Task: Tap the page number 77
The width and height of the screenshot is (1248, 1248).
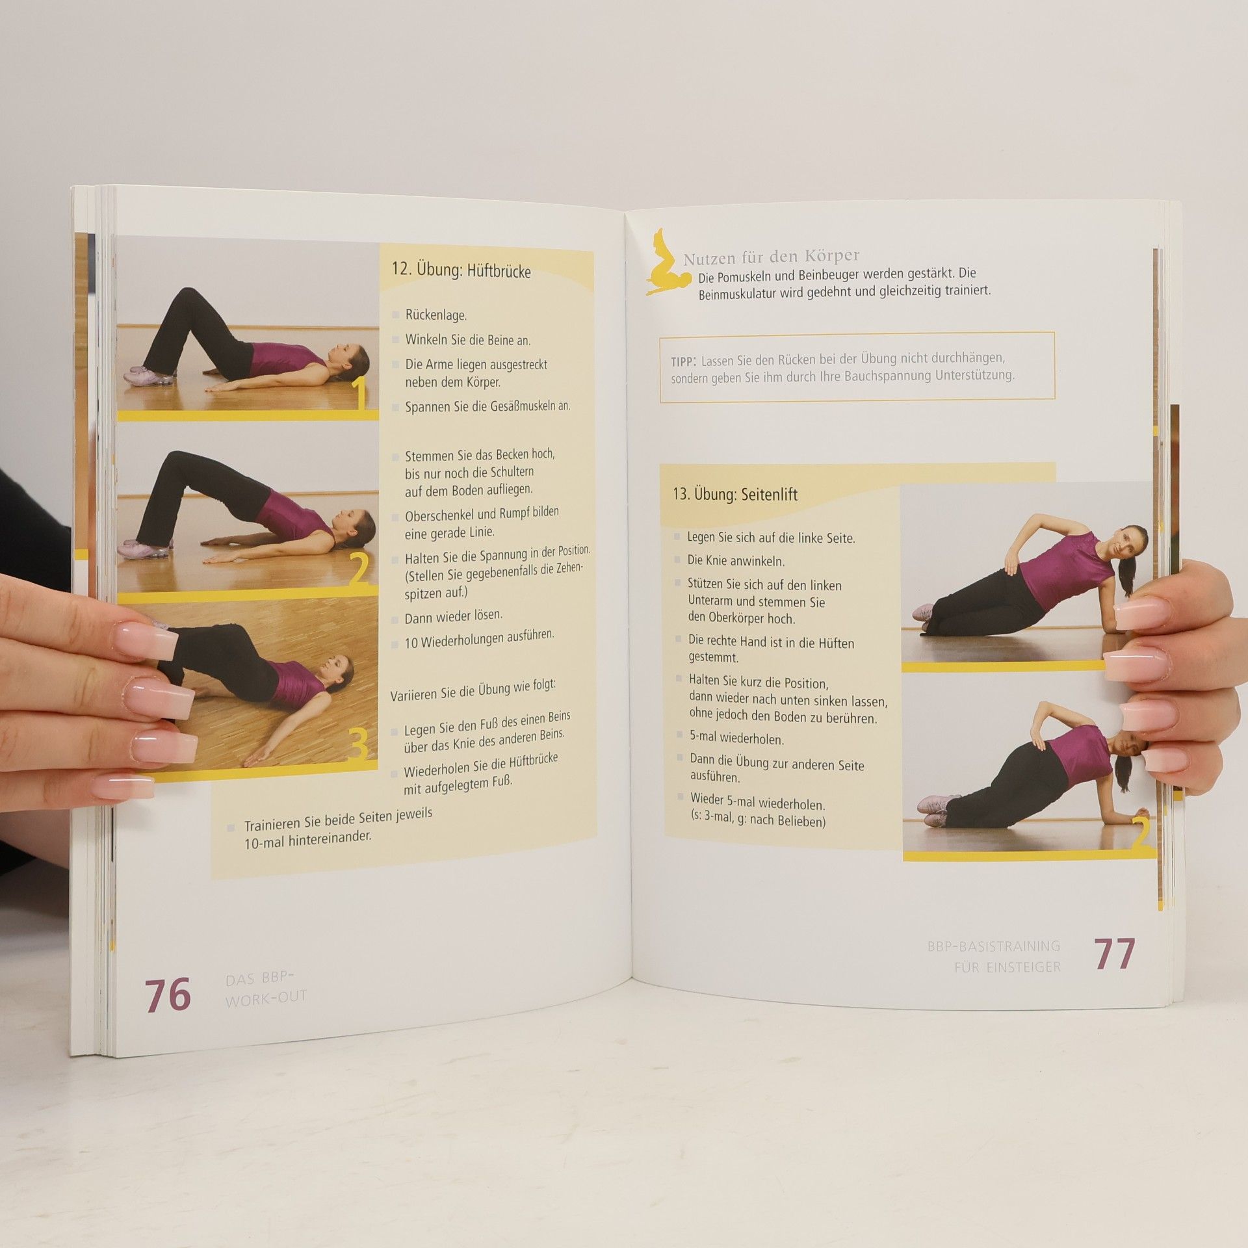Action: (1114, 954)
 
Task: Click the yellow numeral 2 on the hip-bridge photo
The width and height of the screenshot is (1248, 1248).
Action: (359, 569)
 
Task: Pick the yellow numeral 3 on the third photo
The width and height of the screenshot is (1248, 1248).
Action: (358, 745)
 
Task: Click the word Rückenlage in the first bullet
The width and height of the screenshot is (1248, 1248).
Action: (435, 315)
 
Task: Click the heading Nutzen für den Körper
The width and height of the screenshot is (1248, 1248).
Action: (771, 257)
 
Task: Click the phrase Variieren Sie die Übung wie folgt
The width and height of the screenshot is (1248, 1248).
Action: (473, 689)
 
